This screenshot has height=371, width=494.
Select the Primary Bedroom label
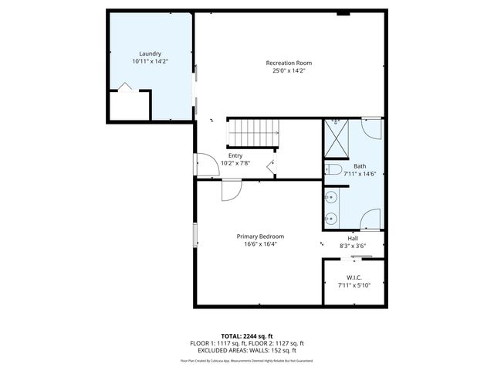point(260,237)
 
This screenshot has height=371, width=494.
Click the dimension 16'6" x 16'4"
point(260,244)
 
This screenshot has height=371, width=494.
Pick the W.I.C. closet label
point(354,277)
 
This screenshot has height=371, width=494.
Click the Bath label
point(360,166)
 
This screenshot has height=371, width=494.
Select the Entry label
point(235,155)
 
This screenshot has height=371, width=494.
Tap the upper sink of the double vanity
point(330,199)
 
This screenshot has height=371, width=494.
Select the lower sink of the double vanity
point(330,217)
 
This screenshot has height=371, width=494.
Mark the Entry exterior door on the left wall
point(202,165)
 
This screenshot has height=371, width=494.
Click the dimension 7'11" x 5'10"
point(354,285)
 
